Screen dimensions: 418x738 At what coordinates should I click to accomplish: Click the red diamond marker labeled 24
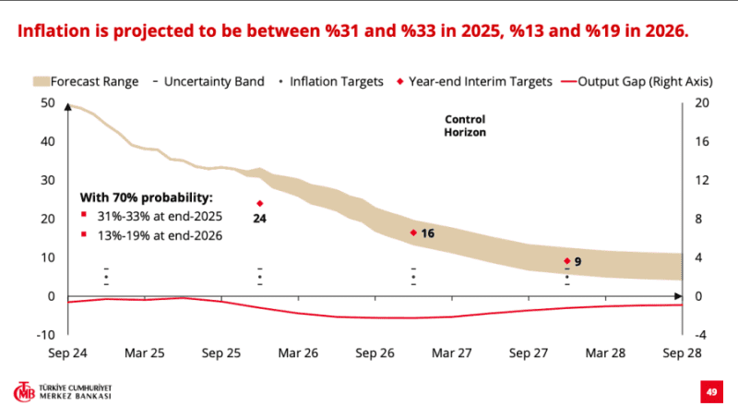[260, 204]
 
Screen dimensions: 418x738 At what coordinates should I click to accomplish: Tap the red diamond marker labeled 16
[413, 233]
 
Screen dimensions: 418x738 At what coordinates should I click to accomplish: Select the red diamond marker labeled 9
[566, 261]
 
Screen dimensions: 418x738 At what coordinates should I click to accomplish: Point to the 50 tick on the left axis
[48, 102]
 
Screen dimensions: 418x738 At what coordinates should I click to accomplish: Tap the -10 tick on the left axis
[46, 334]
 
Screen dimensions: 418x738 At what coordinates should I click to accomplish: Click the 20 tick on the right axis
[700, 102]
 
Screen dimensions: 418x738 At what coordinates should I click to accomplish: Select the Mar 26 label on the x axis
[297, 353]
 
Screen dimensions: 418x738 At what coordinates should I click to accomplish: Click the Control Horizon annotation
[465, 125]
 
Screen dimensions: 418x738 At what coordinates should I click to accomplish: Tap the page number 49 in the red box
[712, 391]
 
